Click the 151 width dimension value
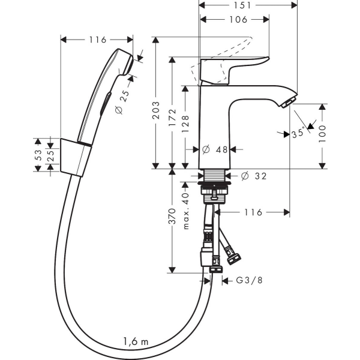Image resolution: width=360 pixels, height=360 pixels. click(242, 5)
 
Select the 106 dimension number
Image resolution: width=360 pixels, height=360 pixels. click(238, 20)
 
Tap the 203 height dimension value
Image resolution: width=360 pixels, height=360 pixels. click(156, 110)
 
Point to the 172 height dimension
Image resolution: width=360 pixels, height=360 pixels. click(172, 118)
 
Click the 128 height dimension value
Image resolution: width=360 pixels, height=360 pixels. click(185, 124)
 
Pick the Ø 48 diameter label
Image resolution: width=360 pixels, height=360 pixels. click(215, 149)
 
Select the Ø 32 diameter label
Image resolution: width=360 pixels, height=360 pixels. click(254, 176)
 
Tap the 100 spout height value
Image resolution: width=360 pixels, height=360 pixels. click(322, 134)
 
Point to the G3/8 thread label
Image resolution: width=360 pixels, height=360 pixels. click(250, 280)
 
